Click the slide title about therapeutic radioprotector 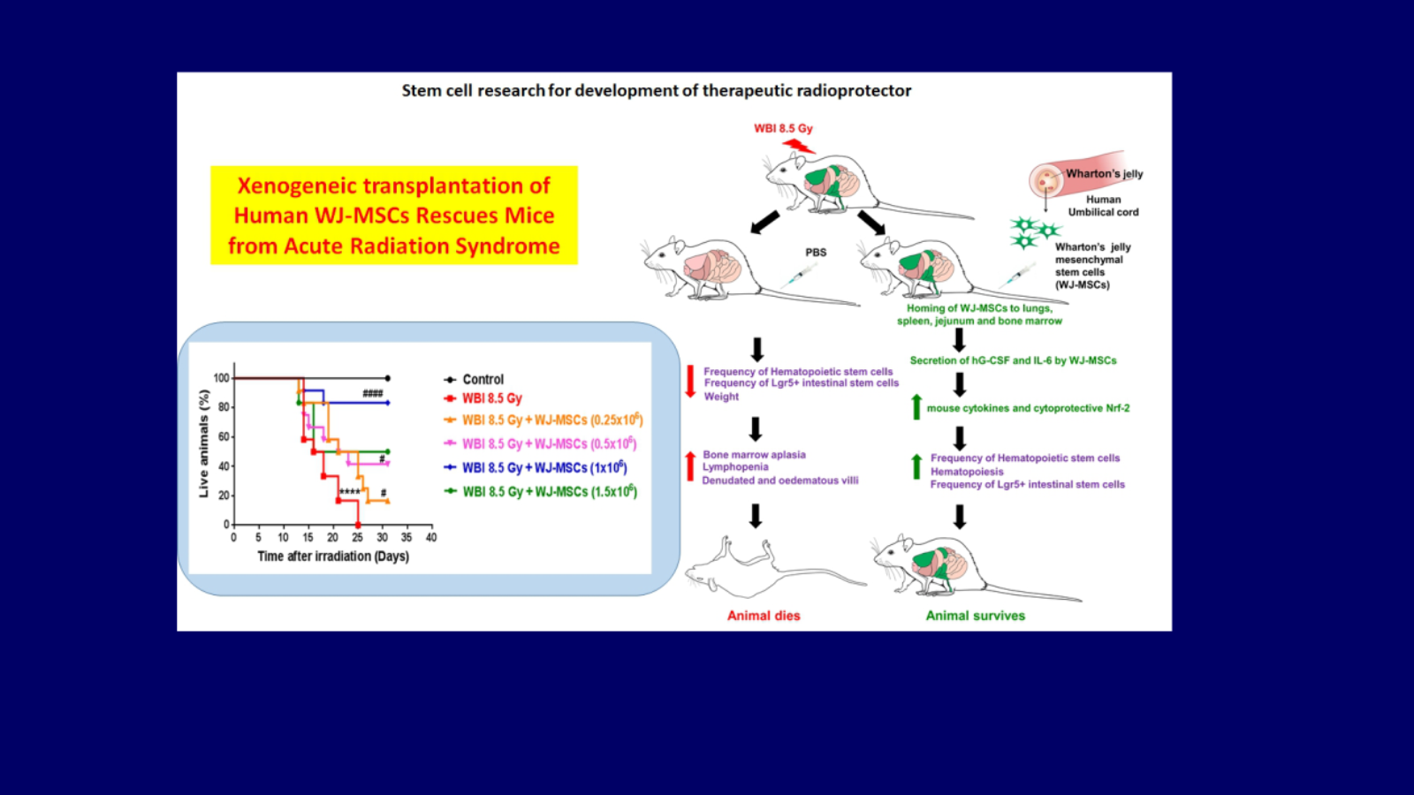(x=657, y=91)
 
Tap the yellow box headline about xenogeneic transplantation (x=394, y=216)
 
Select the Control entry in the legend (x=475, y=379)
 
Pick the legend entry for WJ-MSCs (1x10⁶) (x=536, y=467)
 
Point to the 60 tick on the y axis (x=222, y=436)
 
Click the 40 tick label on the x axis (x=431, y=538)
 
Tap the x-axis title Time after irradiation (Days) (x=333, y=556)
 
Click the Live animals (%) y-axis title (x=203, y=443)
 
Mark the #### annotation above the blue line (x=372, y=394)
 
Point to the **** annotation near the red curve (x=350, y=492)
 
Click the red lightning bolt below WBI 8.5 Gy (x=799, y=147)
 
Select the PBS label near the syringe (x=816, y=253)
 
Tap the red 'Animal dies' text (x=764, y=616)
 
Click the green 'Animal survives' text (x=976, y=616)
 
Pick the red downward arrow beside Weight (x=690, y=382)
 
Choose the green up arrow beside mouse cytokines (x=916, y=407)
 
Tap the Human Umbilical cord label (x=1104, y=206)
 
